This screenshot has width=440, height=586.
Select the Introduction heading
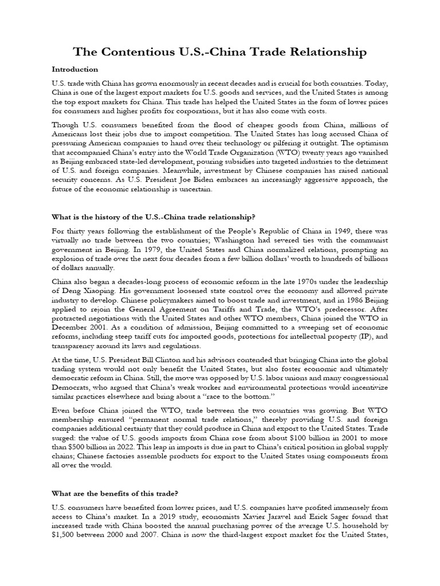coord(74,69)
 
